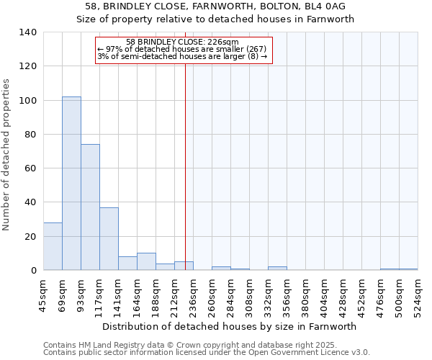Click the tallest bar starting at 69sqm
(x=71, y=184)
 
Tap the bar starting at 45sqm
(x=53, y=246)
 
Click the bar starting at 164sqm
(x=146, y=262)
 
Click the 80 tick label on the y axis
(x=31, y=135)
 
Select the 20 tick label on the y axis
(x=31, y=237)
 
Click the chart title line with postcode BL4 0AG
(x=215, y=6)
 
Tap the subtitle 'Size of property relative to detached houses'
(x=215, y=19)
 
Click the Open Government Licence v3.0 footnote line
(x=207, y=352)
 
